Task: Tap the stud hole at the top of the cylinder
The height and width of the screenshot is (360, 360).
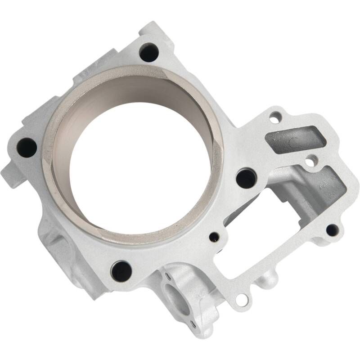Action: pos(149,53)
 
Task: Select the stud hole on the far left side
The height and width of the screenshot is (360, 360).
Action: pos(27,147)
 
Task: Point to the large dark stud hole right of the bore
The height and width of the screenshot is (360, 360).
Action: pos(246,178)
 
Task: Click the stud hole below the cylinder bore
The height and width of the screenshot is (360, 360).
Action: pos(121,270)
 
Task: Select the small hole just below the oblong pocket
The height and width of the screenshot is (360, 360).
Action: pos(310,160)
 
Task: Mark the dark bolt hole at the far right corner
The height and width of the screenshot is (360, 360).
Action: pos(332,230)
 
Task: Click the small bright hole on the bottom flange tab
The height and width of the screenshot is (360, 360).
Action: pos(242,299)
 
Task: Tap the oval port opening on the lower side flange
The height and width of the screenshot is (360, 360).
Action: pos(176,299)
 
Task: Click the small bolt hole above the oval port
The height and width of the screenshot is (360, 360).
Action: pos(167,274)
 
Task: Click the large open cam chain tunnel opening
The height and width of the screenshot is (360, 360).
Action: pos(252,225)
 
